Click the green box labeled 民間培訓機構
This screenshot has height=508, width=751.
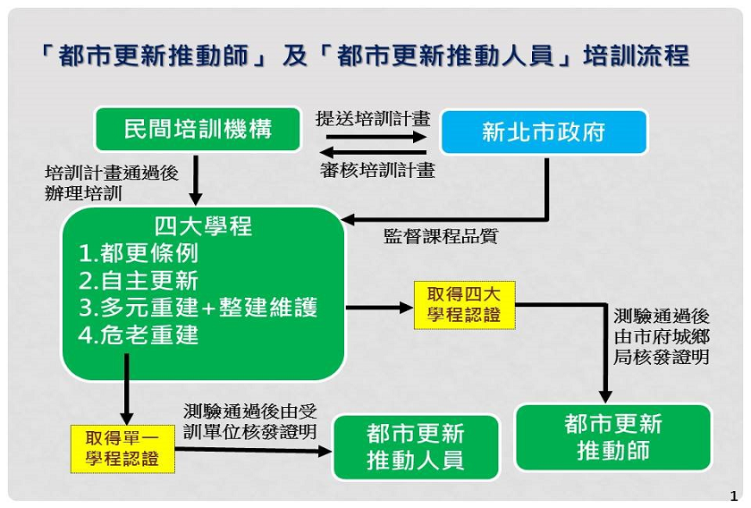[x=198, y=129]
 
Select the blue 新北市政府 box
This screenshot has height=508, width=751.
[x=544, y=131]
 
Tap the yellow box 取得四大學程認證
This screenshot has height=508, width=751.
[x=464, y=305]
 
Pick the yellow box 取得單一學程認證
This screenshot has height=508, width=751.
[x=122, y=449]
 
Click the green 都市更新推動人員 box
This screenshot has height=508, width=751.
[x=416, y=447]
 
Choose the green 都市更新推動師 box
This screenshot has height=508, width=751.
[x=613, y=437]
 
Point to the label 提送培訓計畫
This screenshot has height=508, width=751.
[x=373, y=118]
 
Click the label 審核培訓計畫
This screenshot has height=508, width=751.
[x=378, y=170]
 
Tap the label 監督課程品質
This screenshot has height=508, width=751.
[x=441, y=236]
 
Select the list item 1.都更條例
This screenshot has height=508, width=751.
[x=138, y=253]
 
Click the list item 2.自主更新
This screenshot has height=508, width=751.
[x=138, y=280]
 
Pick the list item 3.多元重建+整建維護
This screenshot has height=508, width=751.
[x=198, y=307]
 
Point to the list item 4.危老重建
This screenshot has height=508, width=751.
[x=138, y=334]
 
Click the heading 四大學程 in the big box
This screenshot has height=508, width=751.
[x=203, y=226]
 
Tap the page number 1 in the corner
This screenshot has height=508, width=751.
[x=734, y=496]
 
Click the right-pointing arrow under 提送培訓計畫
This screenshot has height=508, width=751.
[x=376, y=137]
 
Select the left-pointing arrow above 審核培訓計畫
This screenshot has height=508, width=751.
[x=373, y=153]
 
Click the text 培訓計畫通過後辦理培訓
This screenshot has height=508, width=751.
[x=112, y=183]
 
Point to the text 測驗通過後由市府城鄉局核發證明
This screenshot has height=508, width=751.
[x=662, y=336]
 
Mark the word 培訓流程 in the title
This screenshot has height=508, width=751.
[x=636, y=55]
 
